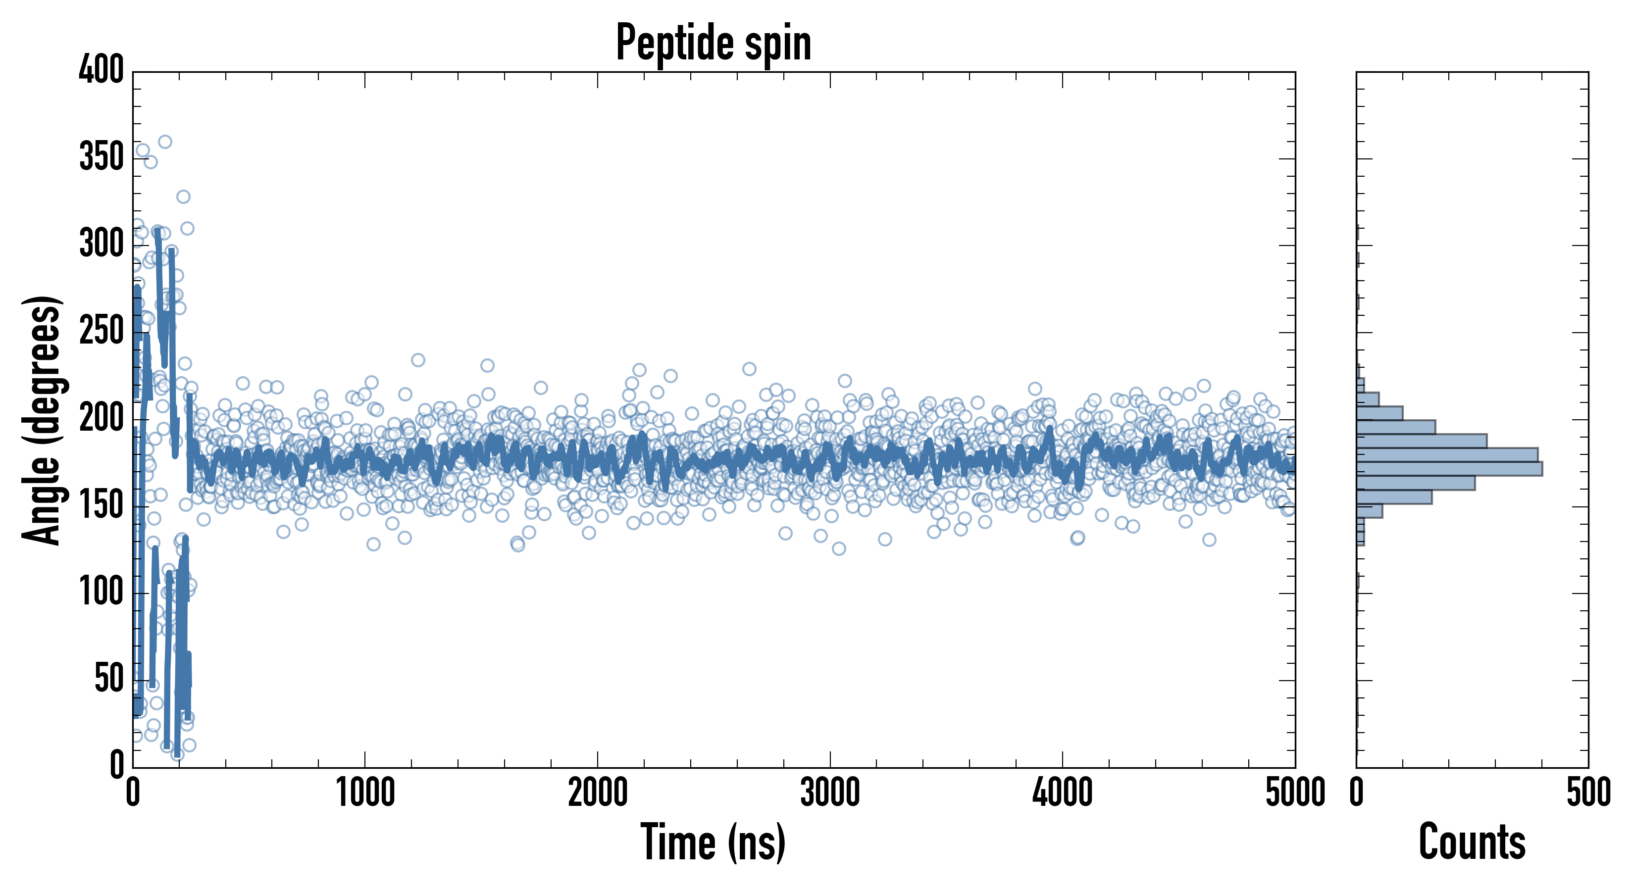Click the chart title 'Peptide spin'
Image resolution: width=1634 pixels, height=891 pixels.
[714, 43]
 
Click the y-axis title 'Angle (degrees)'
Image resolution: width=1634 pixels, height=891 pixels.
[43, 420]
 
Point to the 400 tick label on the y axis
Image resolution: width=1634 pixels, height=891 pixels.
[102, 70]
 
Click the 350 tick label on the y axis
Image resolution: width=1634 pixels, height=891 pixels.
[102, 156]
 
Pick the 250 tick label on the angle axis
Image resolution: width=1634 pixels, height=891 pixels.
[102, 331]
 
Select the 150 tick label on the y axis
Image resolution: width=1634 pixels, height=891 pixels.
[102, 505]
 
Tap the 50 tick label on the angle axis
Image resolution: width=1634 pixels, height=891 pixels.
[109, 679]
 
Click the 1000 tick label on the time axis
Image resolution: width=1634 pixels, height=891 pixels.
[365, 792]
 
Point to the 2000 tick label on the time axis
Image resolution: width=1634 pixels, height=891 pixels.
[598, 792]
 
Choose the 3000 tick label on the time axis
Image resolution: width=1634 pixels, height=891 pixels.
[830, 792]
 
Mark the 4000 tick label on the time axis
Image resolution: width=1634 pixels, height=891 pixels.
[1063, 792]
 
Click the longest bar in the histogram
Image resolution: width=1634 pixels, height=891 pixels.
[1449, 469]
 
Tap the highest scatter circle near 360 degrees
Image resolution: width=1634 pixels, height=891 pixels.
[165, 142]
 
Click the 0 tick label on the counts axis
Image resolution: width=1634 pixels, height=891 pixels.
[1357, 792]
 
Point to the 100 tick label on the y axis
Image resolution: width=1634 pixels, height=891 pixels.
[102, 593]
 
